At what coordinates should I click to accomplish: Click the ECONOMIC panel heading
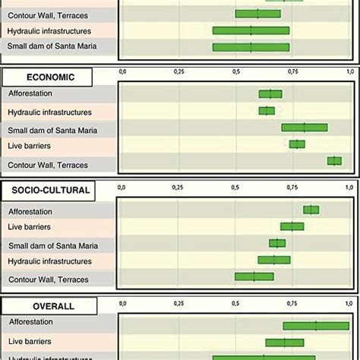click(47, 77)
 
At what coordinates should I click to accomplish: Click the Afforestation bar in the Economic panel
click(270, 94)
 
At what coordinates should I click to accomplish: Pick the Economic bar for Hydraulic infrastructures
click(267, 111)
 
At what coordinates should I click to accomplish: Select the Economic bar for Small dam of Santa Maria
click(304, 128)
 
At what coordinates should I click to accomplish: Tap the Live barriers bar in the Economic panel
click(297, 144)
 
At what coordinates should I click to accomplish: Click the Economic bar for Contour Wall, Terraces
click(334, 160)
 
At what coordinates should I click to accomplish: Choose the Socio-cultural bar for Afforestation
click(311, 210)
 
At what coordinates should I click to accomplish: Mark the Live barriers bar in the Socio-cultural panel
click(292, 226)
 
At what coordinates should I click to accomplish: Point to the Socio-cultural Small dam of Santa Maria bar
click(277, 243)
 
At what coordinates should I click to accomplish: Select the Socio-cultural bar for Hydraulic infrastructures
click(273, 260)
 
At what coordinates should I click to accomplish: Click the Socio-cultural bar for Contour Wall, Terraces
click(254, 277)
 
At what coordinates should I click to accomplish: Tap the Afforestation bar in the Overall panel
click(315, 326)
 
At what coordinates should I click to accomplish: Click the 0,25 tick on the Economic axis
click(178, 71)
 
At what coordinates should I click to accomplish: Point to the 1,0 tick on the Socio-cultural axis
click(349, 185)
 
